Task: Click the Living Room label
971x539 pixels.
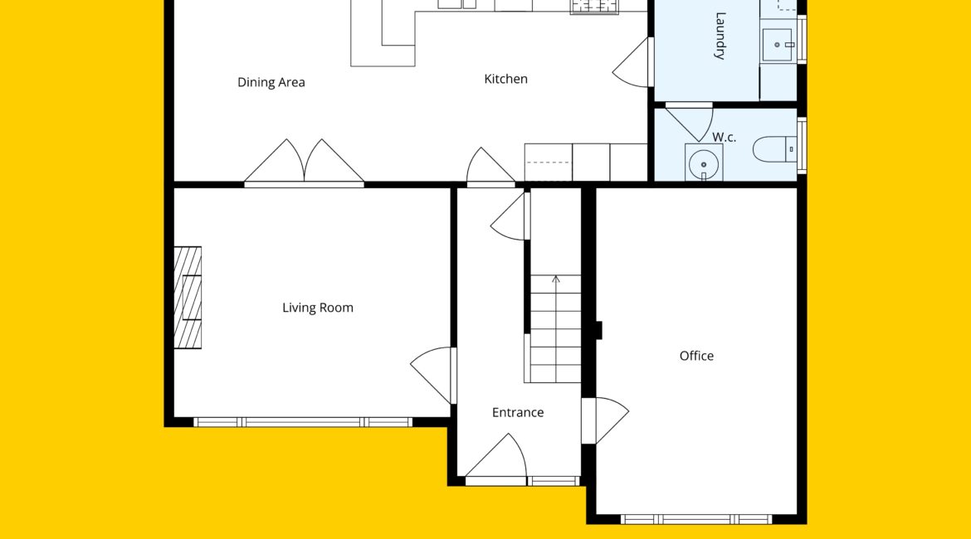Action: pyautogui.click(x=318, y=308)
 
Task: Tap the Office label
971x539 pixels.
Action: pyautogui.click(x=696, y=356)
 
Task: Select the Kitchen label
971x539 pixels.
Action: pyautogui.click(x=506, y=79)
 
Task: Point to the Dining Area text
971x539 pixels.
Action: pyautogui.click(x=271, y=82)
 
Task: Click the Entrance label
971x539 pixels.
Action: pyautogui.click(x=518, y=412)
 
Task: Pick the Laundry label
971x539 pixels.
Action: pyautogui.click(x=720, y=36)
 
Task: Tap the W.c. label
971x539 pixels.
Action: pyautogui.click(x=724, y=137)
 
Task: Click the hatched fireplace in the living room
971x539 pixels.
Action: pyautogui.click(x=188, y=298)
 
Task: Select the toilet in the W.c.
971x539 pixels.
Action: pyautogui.click(x=774, y=149)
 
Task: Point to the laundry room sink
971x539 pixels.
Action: pyautogui.click(x=777, y=45)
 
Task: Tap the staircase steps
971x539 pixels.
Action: pyautogui.click(x=555, y=328)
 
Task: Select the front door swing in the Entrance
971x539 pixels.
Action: pyautogui.click(x=496, y=459)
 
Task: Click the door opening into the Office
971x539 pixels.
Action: pyautogui.click(x=605, y=420)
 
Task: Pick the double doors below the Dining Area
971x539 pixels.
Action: pyautogui.click(x=304, y=163)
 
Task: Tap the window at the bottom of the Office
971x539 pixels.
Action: pyautogui.click(x=696, y=519)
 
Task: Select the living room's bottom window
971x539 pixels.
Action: pyautogui.click(x=303, y=423)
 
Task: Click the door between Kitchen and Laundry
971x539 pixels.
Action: pyautogui.click(x=632, y=62)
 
